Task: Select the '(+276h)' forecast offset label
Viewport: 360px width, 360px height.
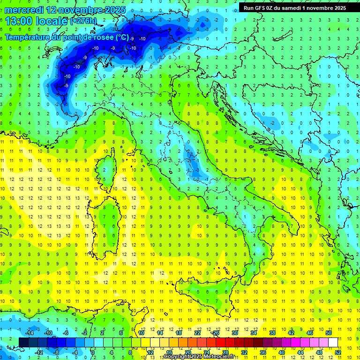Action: point(83,21)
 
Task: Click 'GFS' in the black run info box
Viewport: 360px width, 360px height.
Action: point(262,7)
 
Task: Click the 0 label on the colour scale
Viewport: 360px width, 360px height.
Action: point(93,352)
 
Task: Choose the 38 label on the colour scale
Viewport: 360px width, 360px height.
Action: point(272,333)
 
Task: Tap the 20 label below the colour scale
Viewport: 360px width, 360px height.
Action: point(187,352)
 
